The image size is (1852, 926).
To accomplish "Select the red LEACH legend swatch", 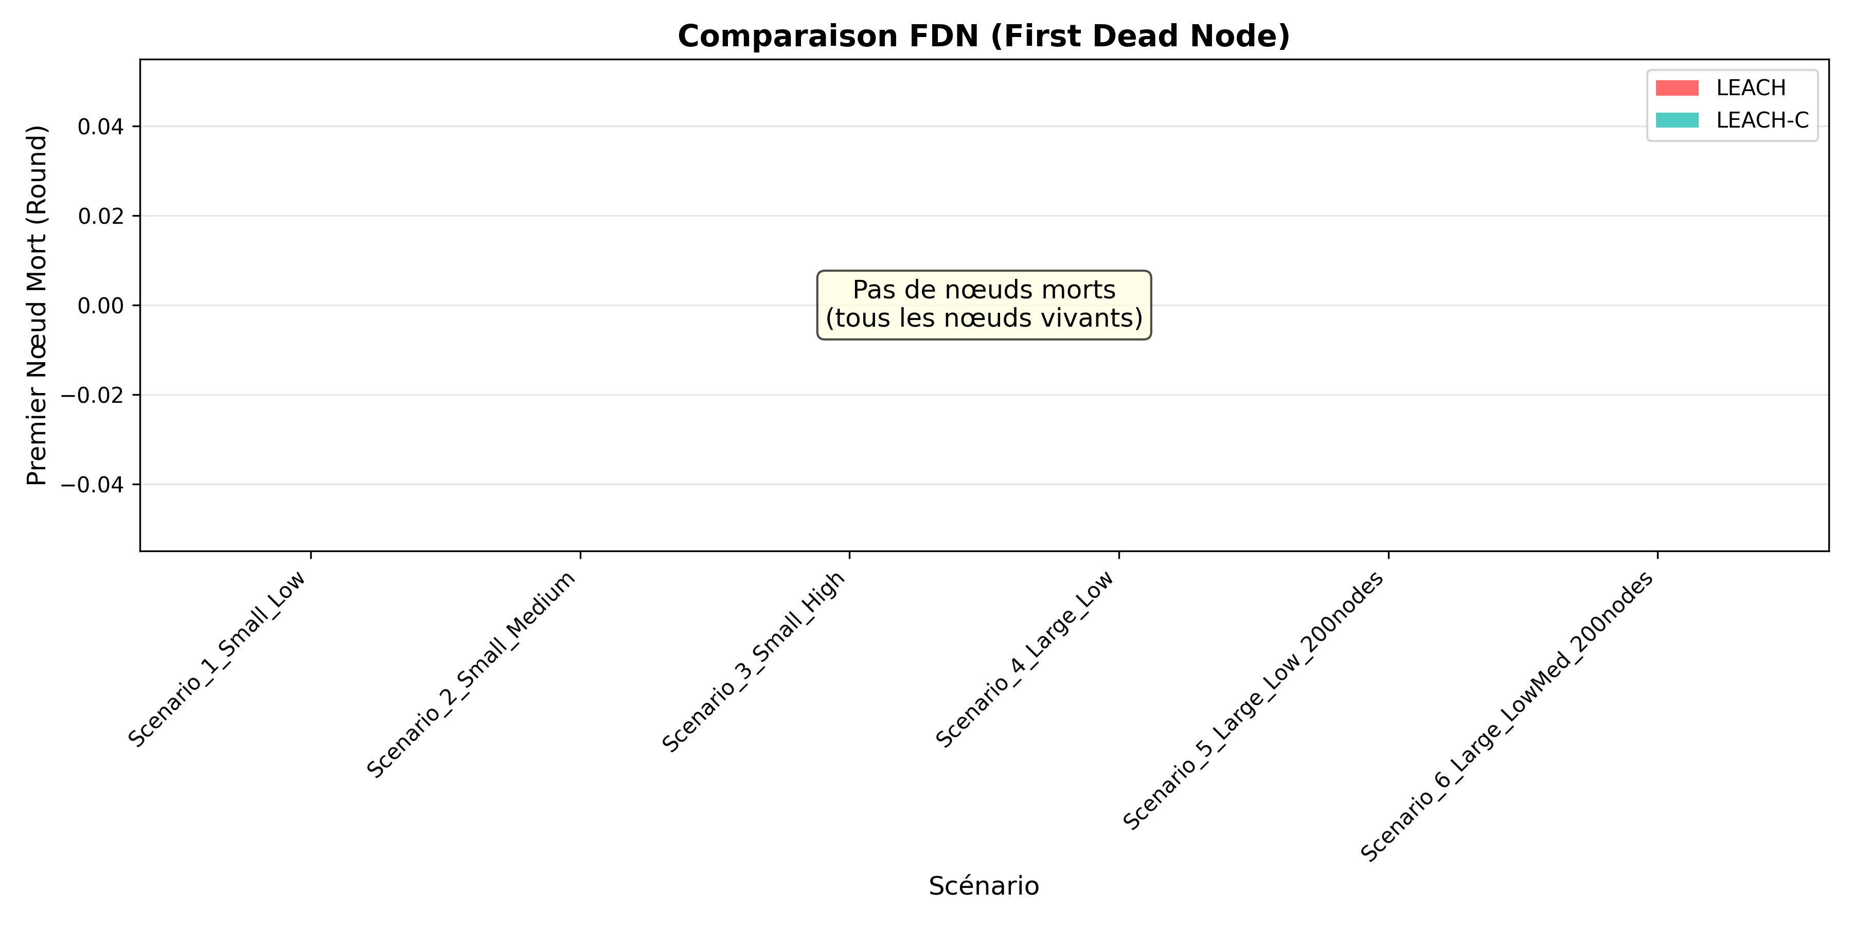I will pyautogui.click(x=1677, y=87).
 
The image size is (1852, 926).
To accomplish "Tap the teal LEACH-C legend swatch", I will pyautogui.click(x=1677, y=120).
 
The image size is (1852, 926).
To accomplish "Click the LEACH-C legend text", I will pyautogui.click(x=1762, y=120).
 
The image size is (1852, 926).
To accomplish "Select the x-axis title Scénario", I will pyautogui.click(x=984, y=886).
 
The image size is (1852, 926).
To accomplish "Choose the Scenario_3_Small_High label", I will pyautogui.click(x=754, y=662).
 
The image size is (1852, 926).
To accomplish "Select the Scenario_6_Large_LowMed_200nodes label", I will pyautogui.click(x=1507, y=716).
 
